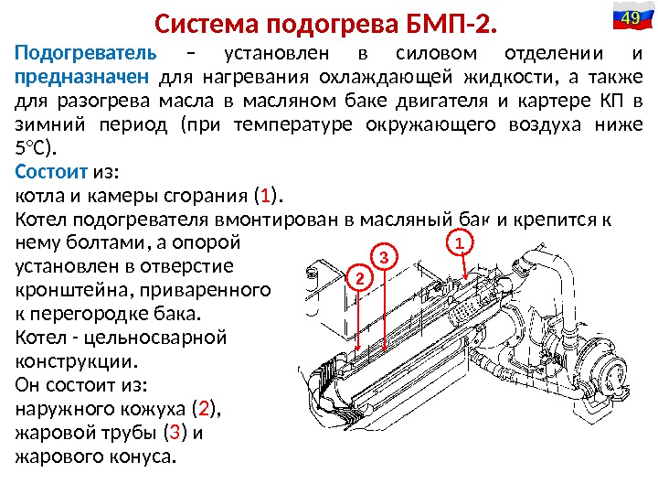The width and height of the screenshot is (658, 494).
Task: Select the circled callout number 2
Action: tap(359, 276)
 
